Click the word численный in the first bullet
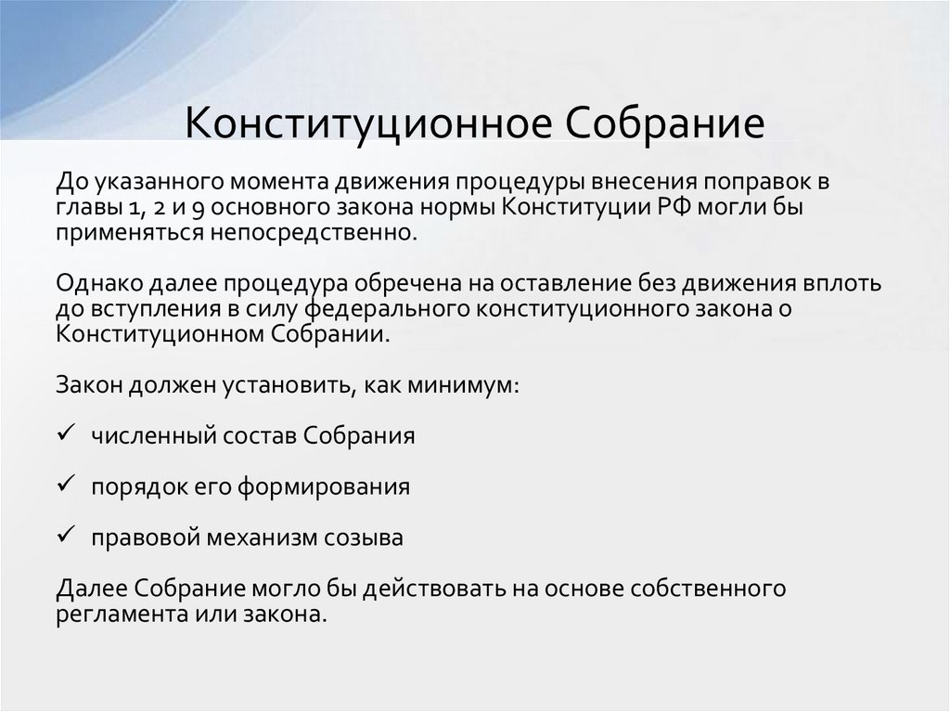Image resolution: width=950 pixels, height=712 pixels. tap(143, 436)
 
